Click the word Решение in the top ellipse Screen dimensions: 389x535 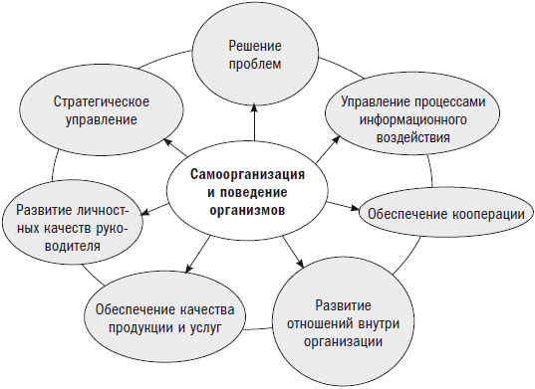254,47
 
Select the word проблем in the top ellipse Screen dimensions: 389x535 254,65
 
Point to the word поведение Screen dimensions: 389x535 255,193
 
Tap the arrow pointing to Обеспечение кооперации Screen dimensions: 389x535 342,206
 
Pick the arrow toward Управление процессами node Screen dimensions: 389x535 323,149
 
